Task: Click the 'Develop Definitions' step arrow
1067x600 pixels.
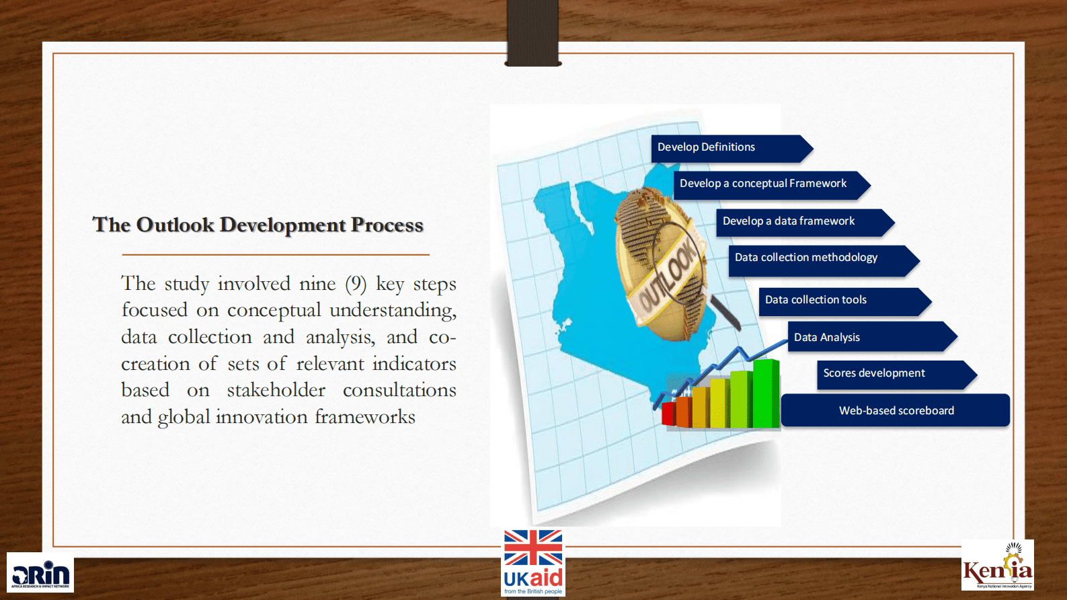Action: (732, 148)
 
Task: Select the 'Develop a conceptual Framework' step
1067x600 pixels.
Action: (772, 185)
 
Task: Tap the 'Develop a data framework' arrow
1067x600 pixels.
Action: (805, 223)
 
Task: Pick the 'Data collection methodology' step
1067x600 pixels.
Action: (824, 261)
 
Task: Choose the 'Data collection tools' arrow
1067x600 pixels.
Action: (845, 301)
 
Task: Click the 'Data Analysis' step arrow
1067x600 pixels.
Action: (872, 336)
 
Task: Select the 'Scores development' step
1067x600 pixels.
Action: (897, 375)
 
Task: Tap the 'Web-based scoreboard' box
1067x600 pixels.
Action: (896, 410)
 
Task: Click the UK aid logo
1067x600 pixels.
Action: (533, 562)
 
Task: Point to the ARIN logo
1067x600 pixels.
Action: (40, 572)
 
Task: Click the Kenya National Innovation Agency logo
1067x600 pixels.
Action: (998, 565)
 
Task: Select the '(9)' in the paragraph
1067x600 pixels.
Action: (356, 284)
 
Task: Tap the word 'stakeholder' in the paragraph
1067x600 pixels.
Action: (276, 390)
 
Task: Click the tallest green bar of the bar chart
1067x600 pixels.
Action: (766, 393)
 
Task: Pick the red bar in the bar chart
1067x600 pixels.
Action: (668, 414)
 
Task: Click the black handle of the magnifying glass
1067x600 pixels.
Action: (725, 311)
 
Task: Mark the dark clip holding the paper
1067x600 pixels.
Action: (532, 32)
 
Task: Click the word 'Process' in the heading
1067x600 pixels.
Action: (387, 225)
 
